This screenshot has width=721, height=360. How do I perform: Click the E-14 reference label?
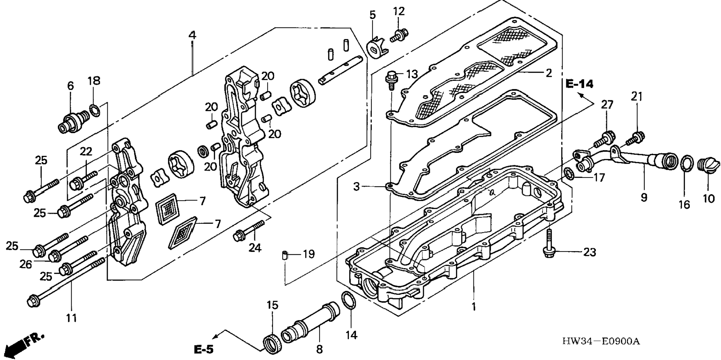point(579,84)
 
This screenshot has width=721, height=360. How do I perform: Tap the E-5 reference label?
point(204,349)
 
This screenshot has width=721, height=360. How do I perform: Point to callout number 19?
point(309,254)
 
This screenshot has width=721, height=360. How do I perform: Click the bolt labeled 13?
point(391,80)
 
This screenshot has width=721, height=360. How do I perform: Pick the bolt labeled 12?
point(399,35)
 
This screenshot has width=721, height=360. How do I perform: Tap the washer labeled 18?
point(95,110)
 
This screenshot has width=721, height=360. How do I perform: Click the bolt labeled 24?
point(249,231)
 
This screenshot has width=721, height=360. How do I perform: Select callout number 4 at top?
point(192,35)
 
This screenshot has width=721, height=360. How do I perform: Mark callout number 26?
point(25,264)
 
